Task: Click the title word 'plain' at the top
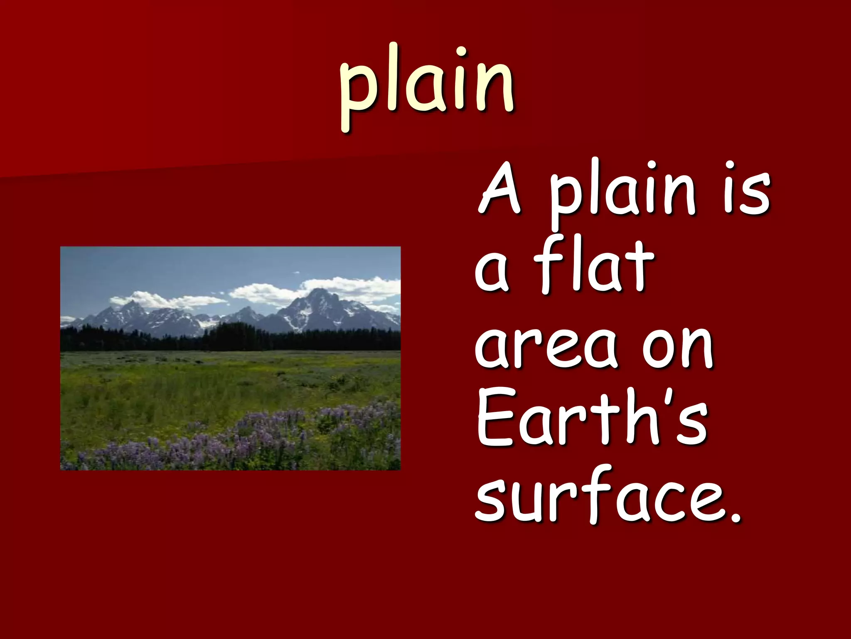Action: pyautogui.click(x=427, y=85)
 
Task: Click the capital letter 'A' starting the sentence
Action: pyautogui.click(x=500, y=189)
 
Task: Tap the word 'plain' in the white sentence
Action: pyautogui.click(x=622, y=193)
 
